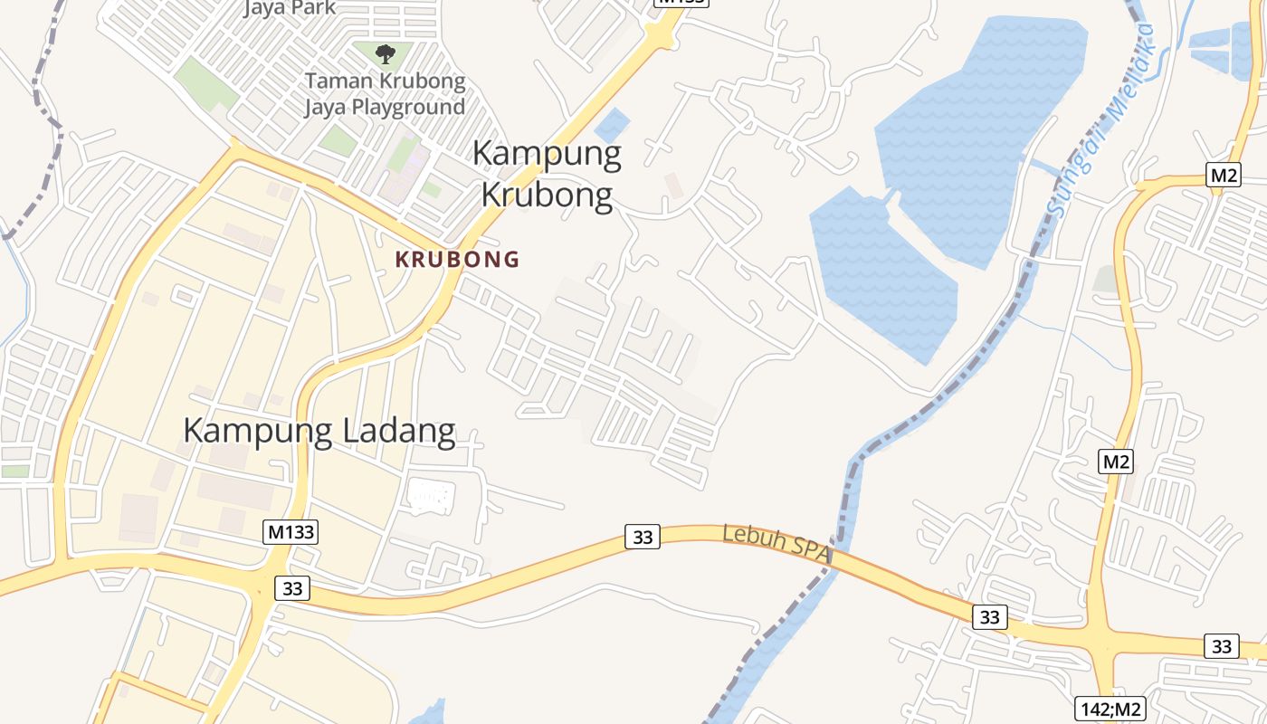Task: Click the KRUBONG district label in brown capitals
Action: coord(457,260)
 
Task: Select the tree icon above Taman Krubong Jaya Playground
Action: coord(386,54)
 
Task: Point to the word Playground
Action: coord(408,107)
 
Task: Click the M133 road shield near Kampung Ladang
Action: coord(291,531)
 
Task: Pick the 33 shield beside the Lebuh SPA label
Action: coord(642,537)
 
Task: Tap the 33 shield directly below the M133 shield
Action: coord(291,588)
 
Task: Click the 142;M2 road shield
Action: coord(1110,709)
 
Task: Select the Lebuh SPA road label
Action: coord(776,545)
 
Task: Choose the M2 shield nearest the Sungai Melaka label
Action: coord(1223,176)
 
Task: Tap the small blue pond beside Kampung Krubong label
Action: coord(613,124)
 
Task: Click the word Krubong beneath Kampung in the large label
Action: coord(547,195)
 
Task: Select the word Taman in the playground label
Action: coord(337,81)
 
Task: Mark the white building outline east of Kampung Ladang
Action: coord(431,496)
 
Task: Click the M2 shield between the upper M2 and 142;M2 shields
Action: coord(1116,462)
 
